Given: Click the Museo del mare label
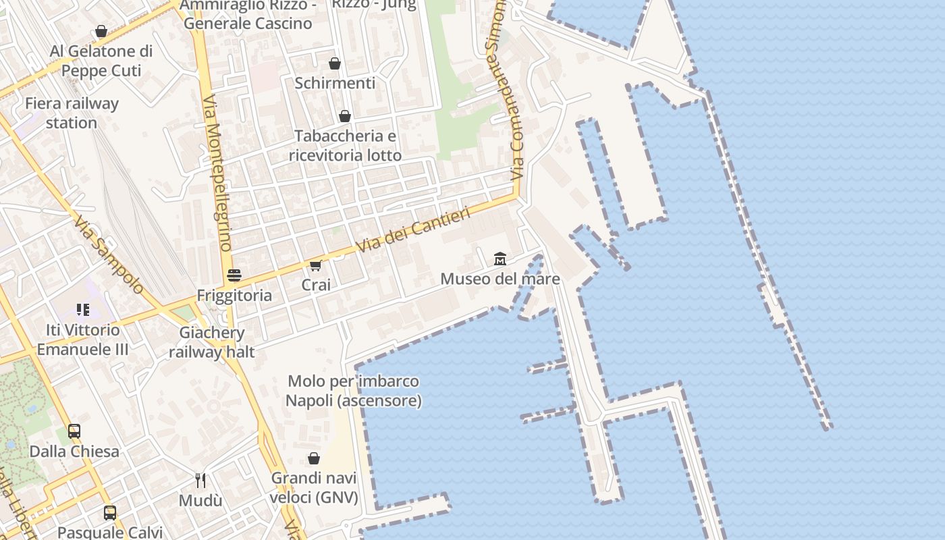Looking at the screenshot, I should pyautogui.click(x=500, y=278).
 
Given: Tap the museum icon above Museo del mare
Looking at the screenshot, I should pyautogui.click(x=500, y=259).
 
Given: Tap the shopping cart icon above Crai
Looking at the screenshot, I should pyautogui.click(x=316, y=265).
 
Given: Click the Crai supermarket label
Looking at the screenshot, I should pyautogui.click(x=316, y=285).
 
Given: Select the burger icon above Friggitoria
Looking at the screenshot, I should pyautogui.click(x=234, y=275).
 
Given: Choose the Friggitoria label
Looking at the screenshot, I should pyautogui.click(x=234, y=295).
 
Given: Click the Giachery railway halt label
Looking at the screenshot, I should pyautogui.click(x=212, y=342).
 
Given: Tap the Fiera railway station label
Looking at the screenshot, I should pyautogui.click(x=72, y=113).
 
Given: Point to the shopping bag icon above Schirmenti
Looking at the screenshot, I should pyautogui.click(x=335, y=63).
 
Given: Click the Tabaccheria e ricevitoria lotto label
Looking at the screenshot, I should pyautogui.click(x=345, y=145).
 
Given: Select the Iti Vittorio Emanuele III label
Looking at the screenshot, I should pyautogui.click(x=82, y=340).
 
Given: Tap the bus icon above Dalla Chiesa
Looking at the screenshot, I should pyautogui.click(x=74, y=431).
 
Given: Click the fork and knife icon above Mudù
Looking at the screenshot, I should pyautogui.click(x=200, y=481).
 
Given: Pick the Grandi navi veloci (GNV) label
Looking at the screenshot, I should pyautogui.click(x=314, y=488).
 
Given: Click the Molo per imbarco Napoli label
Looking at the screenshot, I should pyautogui.click(x=353, y=391).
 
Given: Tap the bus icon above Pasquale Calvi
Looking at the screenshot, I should pyautogui.click(x=110, y=513).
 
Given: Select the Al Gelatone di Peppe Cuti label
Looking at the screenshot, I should pyautogui.click(x=101, y=61).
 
